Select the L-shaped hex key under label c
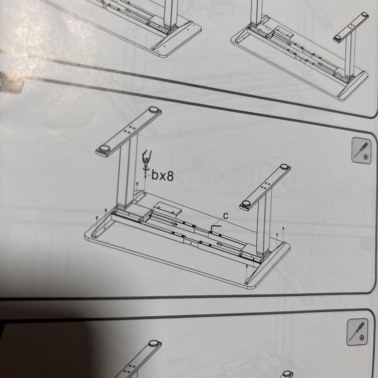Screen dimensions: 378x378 (216, 227)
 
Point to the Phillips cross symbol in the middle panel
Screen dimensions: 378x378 (366, 157)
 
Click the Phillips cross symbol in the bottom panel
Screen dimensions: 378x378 (362, 337)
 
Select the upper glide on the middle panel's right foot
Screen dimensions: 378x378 (285, 167)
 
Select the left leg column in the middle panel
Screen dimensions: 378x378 (127, 171)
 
